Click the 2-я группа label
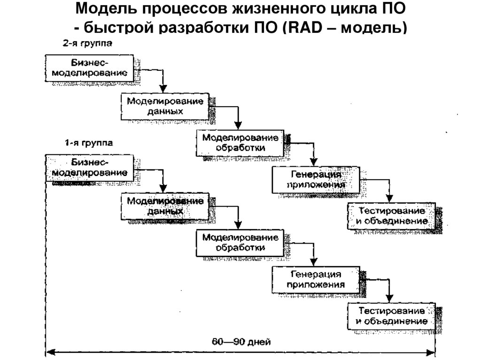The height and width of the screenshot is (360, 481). click(x=88, y=44)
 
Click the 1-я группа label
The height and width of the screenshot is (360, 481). click(x=88, y=142)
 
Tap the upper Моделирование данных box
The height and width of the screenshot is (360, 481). click(x=166, y=107)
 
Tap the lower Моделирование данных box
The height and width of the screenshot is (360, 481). click(x=165, y=206)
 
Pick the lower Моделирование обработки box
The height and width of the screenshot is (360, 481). click(x=240, y=243)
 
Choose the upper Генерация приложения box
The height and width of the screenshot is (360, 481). click(x=315, y=179)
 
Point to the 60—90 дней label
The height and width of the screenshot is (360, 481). click(x=240, y=341)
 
